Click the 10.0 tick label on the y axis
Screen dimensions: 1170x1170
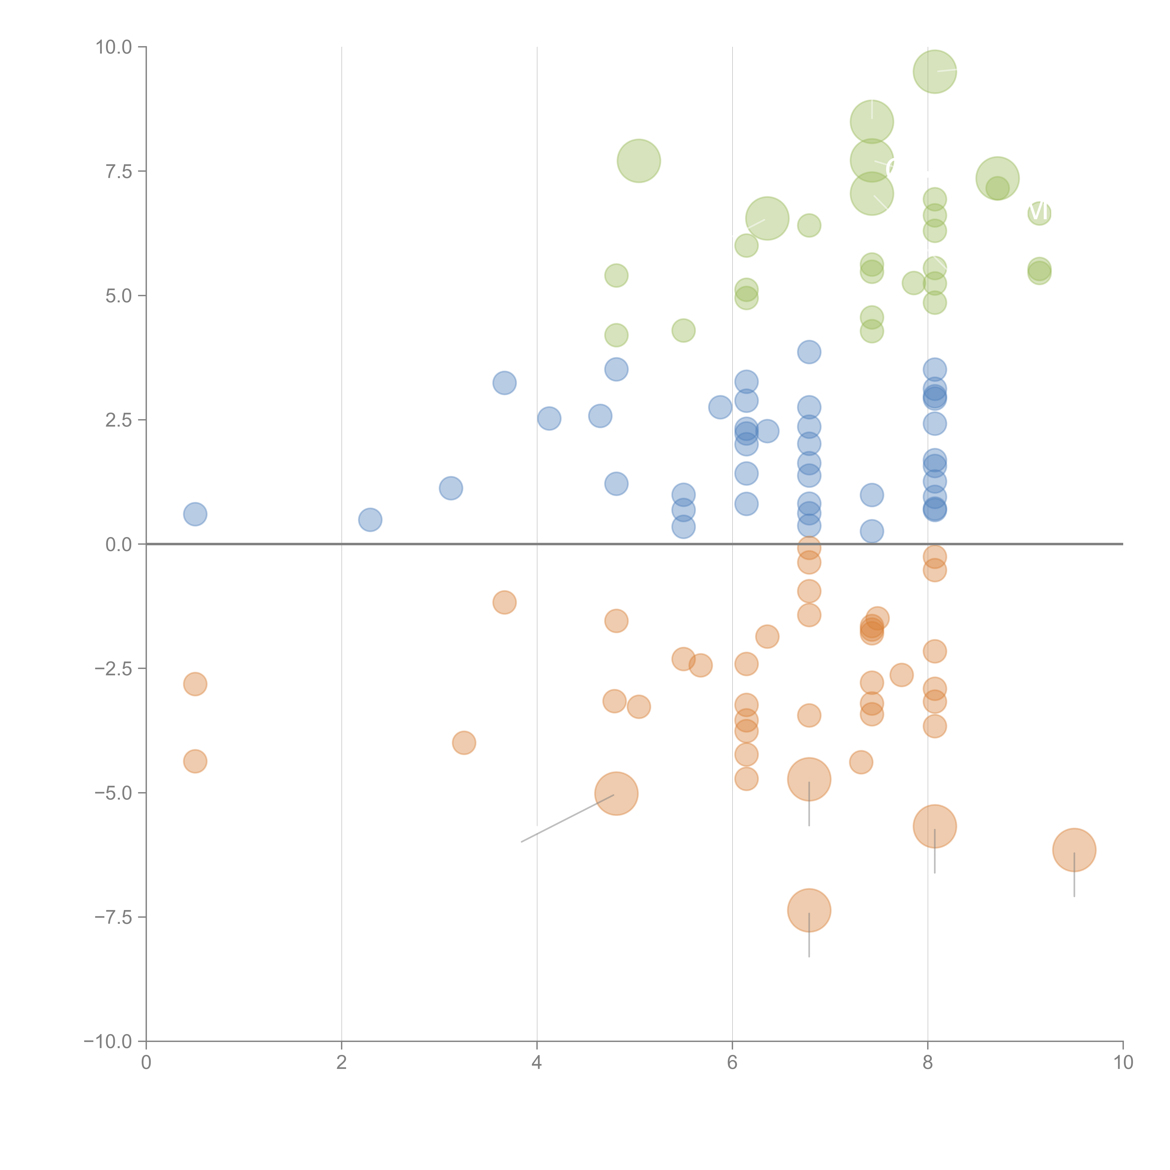click(x=114, y=47)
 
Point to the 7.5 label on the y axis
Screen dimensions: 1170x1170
click(x=119, y=171)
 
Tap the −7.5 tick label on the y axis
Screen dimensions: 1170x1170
click(x=114, y=917)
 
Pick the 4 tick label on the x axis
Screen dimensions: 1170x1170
click(x=537, y=1062)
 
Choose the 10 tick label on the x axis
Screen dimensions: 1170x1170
click(x=1123, y=1062)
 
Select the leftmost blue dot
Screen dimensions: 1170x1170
click(x=195, y=514)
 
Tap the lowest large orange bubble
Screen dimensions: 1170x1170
click(x=809, y=910)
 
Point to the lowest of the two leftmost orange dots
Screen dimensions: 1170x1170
click(x=195, y=761)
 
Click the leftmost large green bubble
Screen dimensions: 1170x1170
click(x=639, y=161)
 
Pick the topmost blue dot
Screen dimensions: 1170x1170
click(x=809, y=352)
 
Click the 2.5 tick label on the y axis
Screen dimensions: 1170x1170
click(x=119, y=420)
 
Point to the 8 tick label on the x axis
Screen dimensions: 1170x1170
click(x=928, y=1062)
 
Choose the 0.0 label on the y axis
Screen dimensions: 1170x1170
click(x=119, y=545)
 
